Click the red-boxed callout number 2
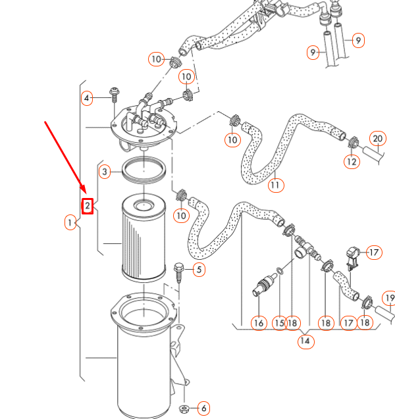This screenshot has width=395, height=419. (88, 206)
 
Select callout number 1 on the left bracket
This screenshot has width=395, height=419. (70, 223)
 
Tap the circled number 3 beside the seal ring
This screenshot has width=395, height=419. (105, 172)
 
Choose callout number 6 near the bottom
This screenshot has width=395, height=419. (203, 408)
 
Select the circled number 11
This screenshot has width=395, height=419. (275, 185)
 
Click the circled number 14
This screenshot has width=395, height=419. (305, 341)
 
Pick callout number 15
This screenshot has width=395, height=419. (279, 323)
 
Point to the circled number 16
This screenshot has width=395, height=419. (259, 323)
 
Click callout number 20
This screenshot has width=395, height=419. (377, 139)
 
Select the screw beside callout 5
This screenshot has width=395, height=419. (179, 271)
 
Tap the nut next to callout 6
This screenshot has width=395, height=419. (184, 409)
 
